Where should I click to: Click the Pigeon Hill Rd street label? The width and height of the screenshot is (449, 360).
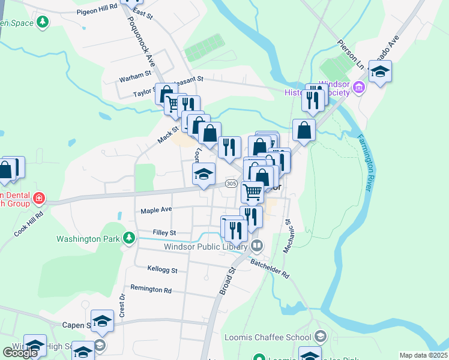click(x=97, y=11)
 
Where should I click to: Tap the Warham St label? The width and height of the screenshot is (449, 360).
click(x=135, y=76)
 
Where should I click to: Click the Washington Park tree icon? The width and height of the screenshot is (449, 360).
click(x=128, y=238)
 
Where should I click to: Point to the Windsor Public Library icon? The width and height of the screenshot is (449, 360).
click(x=257, y=246)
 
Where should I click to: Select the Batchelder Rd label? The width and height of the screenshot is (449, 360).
click(x=270, y=267)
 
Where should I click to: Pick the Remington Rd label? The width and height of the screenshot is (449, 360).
click(x=151, y=289)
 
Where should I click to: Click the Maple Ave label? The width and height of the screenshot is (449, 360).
click(x=156, y=210)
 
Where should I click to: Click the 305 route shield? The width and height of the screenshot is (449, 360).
click(x=231, y=183)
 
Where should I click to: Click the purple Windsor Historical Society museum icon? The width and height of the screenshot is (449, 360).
click(x=359, y=89)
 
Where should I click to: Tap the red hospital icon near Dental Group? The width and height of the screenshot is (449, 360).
click(x=38, y=197)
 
